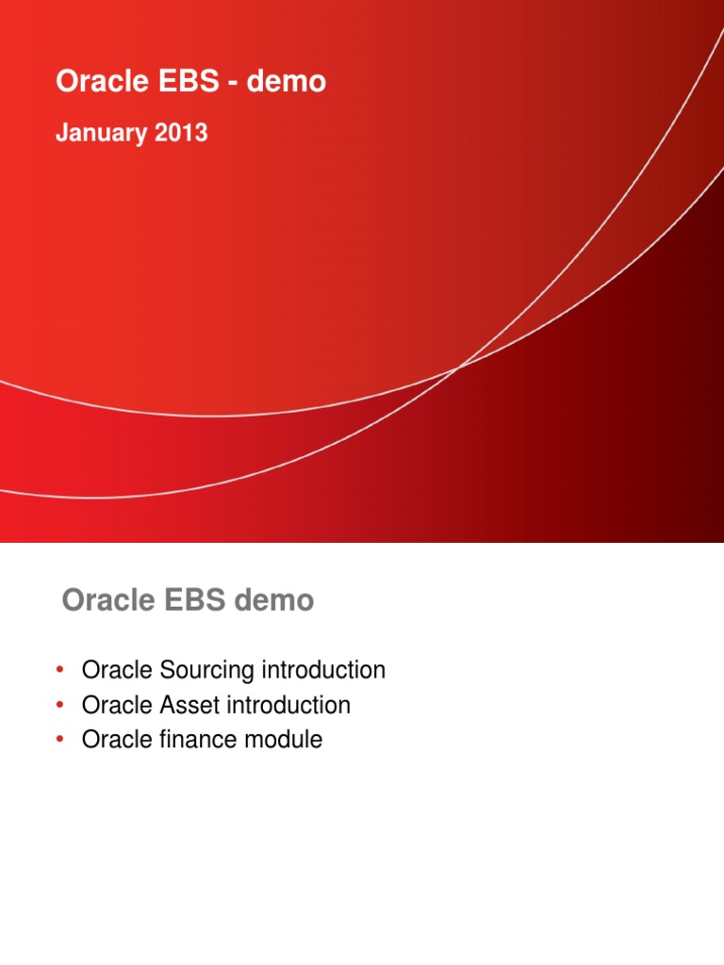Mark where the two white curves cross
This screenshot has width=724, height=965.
coord(459,368)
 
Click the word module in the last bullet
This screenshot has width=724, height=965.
coord(284,740)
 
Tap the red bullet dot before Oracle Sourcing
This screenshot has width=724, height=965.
coord(59,671)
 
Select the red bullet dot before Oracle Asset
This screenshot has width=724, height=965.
coord(59,705)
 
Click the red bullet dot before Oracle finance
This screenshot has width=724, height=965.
coord(59,740)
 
